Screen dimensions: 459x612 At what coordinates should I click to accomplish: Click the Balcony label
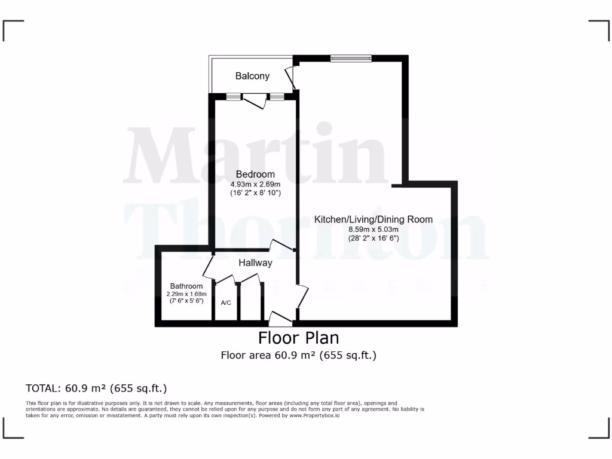point(252,76)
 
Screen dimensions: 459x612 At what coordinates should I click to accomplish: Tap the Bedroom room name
point(255,175)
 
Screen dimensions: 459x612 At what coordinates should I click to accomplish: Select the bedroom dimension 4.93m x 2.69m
point(255,184)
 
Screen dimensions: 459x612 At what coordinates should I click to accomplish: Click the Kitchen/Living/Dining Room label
point(374,219)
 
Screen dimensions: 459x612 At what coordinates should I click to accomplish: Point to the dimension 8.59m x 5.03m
point(374,229)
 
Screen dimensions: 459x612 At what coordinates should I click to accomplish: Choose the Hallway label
point(255,262)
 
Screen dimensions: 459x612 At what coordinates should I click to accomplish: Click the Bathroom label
point(186,286)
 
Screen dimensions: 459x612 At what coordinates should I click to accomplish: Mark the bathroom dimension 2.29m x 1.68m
point(186,293)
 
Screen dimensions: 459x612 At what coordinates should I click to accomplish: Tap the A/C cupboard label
point(226,303)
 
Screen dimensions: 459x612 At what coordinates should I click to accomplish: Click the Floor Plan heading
point(298,338)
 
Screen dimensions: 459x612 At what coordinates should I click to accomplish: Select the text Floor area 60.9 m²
point(268,356)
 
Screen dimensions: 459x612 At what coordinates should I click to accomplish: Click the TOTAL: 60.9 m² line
point(96,388)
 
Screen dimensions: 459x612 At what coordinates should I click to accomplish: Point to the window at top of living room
point(351,58)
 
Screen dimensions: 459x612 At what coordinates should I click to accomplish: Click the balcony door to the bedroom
point(255,101)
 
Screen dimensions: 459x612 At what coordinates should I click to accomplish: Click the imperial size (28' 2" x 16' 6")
point(374,238)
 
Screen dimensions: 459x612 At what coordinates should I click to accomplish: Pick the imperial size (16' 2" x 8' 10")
point(255,193)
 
